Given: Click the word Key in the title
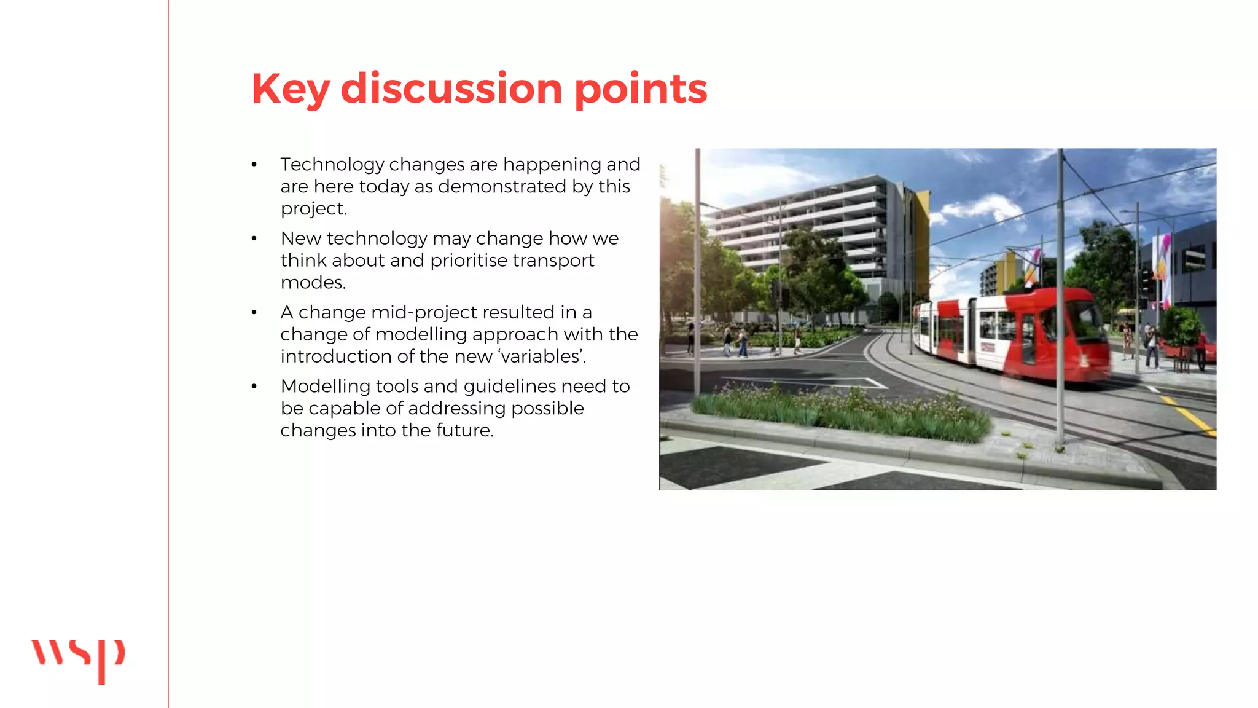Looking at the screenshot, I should [x=291, y=89].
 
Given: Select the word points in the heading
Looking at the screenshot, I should [x=641, y=90].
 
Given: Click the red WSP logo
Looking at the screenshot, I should [x=78, y=659].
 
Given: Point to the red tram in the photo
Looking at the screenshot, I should [x=1014, y=335].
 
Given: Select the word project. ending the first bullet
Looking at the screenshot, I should [x=313, y=209].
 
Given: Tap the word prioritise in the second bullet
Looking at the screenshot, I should [x=468, y=261].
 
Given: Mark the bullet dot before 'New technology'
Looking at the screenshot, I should [x=254, y=238].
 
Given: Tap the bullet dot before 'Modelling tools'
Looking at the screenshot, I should [x=254, y=387].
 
